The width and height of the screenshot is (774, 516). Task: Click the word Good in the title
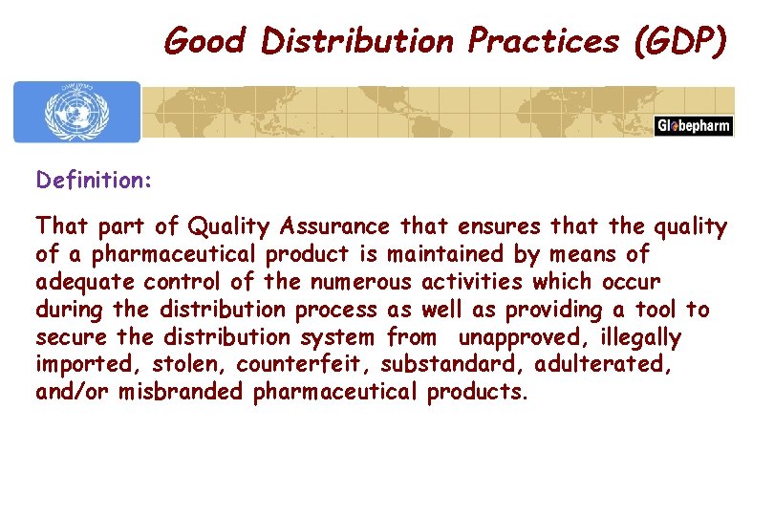coord(203,40)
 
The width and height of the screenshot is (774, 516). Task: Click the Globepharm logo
coord(694,126)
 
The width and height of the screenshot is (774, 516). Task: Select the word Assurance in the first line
coord(336,226)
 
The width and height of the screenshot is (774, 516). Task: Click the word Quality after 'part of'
coord(229,226)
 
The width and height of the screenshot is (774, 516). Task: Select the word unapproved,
coord(518,337)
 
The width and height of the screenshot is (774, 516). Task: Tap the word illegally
coord(640,337)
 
